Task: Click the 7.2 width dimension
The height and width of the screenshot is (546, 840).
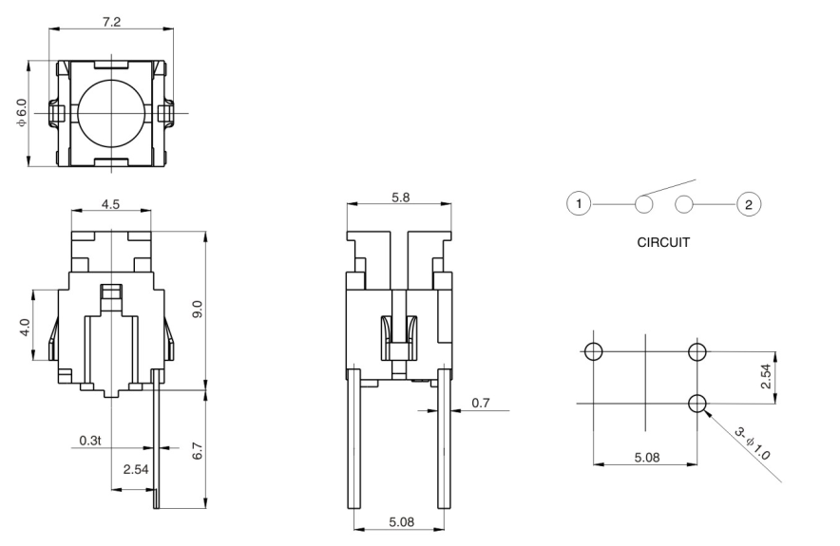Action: [x=111, y=21]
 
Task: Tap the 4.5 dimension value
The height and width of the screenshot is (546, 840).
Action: [x=111, y=204]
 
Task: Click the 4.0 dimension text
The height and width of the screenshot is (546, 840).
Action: [x=26, y=327]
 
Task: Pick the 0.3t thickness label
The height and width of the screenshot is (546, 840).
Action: [x=90, y=440]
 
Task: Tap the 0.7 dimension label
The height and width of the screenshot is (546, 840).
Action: [x=482, y=404]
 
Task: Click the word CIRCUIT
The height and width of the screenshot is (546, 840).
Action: [x=664, y=241]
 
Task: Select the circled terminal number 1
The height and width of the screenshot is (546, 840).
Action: [x=580, y=203]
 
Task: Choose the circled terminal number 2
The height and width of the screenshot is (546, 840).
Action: [x=749, y=203]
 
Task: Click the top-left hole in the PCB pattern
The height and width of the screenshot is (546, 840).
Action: [x=594, y=352]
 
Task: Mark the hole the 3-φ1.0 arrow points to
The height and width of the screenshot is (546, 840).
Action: [x=698, y=404]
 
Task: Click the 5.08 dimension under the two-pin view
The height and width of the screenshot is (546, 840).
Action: [x=399, y=520]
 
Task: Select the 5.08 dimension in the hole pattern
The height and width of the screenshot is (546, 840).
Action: [x=646, y=458]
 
